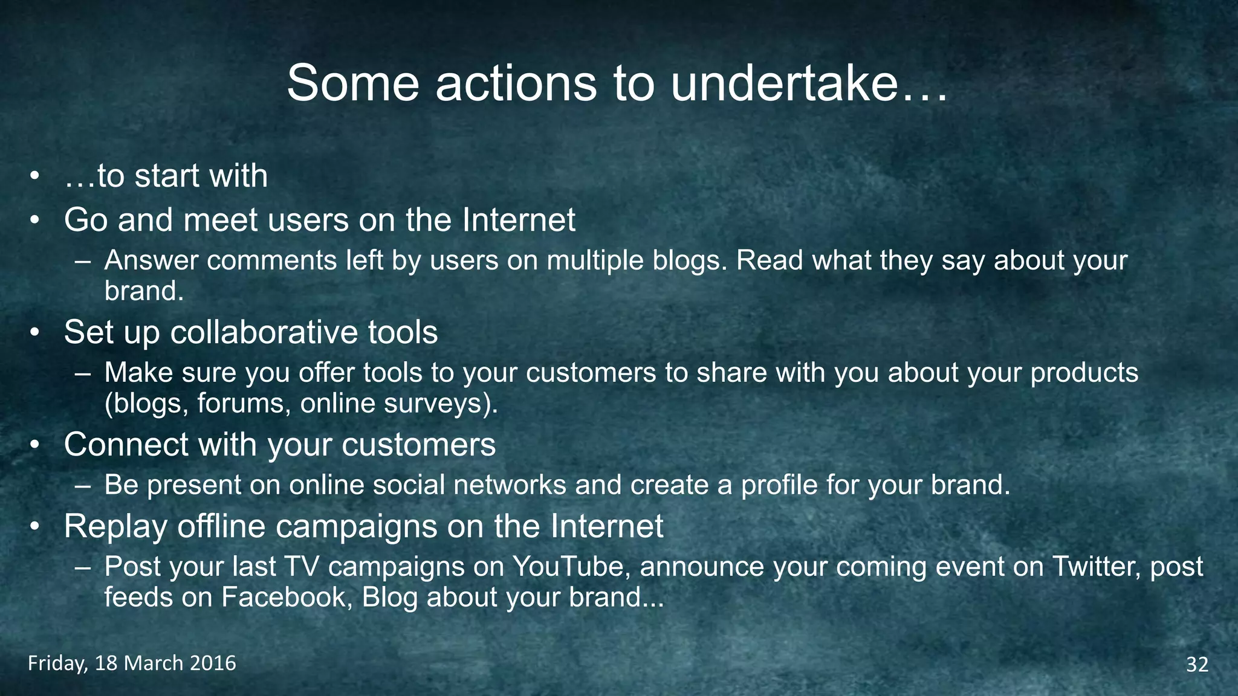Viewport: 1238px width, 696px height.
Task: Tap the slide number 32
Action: (x=1197, y=665)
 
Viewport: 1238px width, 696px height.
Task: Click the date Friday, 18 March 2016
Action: (x=132, y=663)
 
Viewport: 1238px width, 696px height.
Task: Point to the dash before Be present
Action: (x=83, y=486)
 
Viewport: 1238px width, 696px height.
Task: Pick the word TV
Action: (x=302, y=567)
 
